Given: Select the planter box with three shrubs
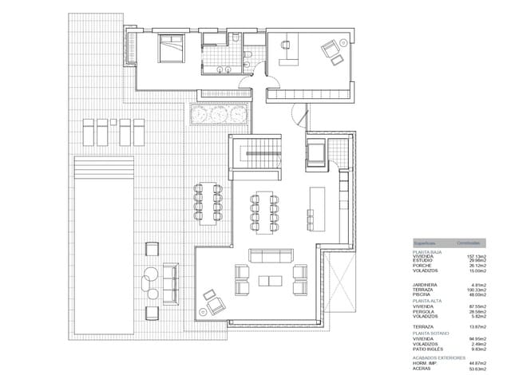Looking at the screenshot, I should (x=218, y=115).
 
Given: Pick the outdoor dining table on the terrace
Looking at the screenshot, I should (x=208, y=204).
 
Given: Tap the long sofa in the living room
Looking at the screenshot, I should (x=271, y=255).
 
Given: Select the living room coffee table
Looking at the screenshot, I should (x=271, y=279).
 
